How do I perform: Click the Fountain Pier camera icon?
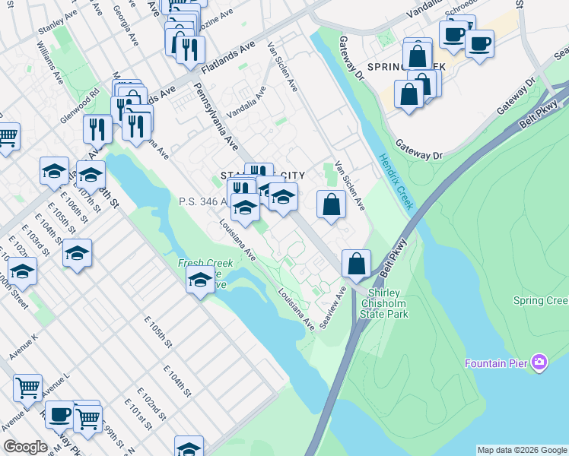(x=539, y=362)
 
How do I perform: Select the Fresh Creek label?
(x=205, y=262)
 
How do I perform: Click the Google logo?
(x=25, y=447)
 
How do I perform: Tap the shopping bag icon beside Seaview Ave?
(x=356, y=264)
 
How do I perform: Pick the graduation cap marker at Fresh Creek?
(x=200, y=280)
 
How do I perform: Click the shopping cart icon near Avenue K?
(x=27, y=388)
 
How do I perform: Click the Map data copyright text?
(x=521, y=450)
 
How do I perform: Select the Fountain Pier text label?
(x=497, y=363)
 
